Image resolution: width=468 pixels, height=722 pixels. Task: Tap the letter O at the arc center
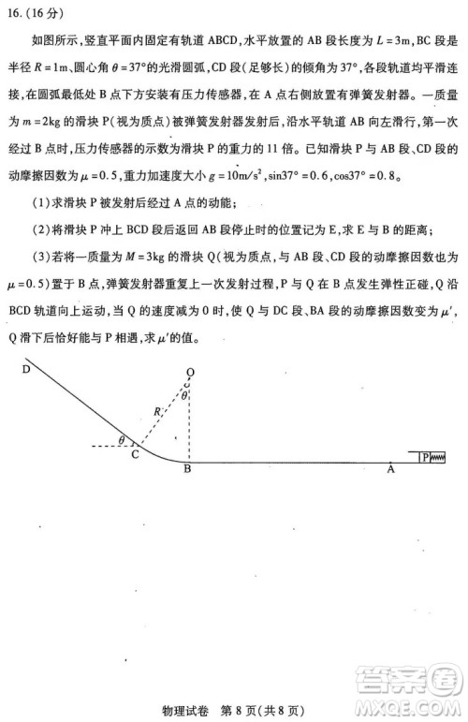(x=189, y=371)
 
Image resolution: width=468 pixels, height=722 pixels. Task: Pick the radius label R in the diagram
(x=156, y=409)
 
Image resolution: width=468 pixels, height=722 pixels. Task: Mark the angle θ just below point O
(x=185, y=394)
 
